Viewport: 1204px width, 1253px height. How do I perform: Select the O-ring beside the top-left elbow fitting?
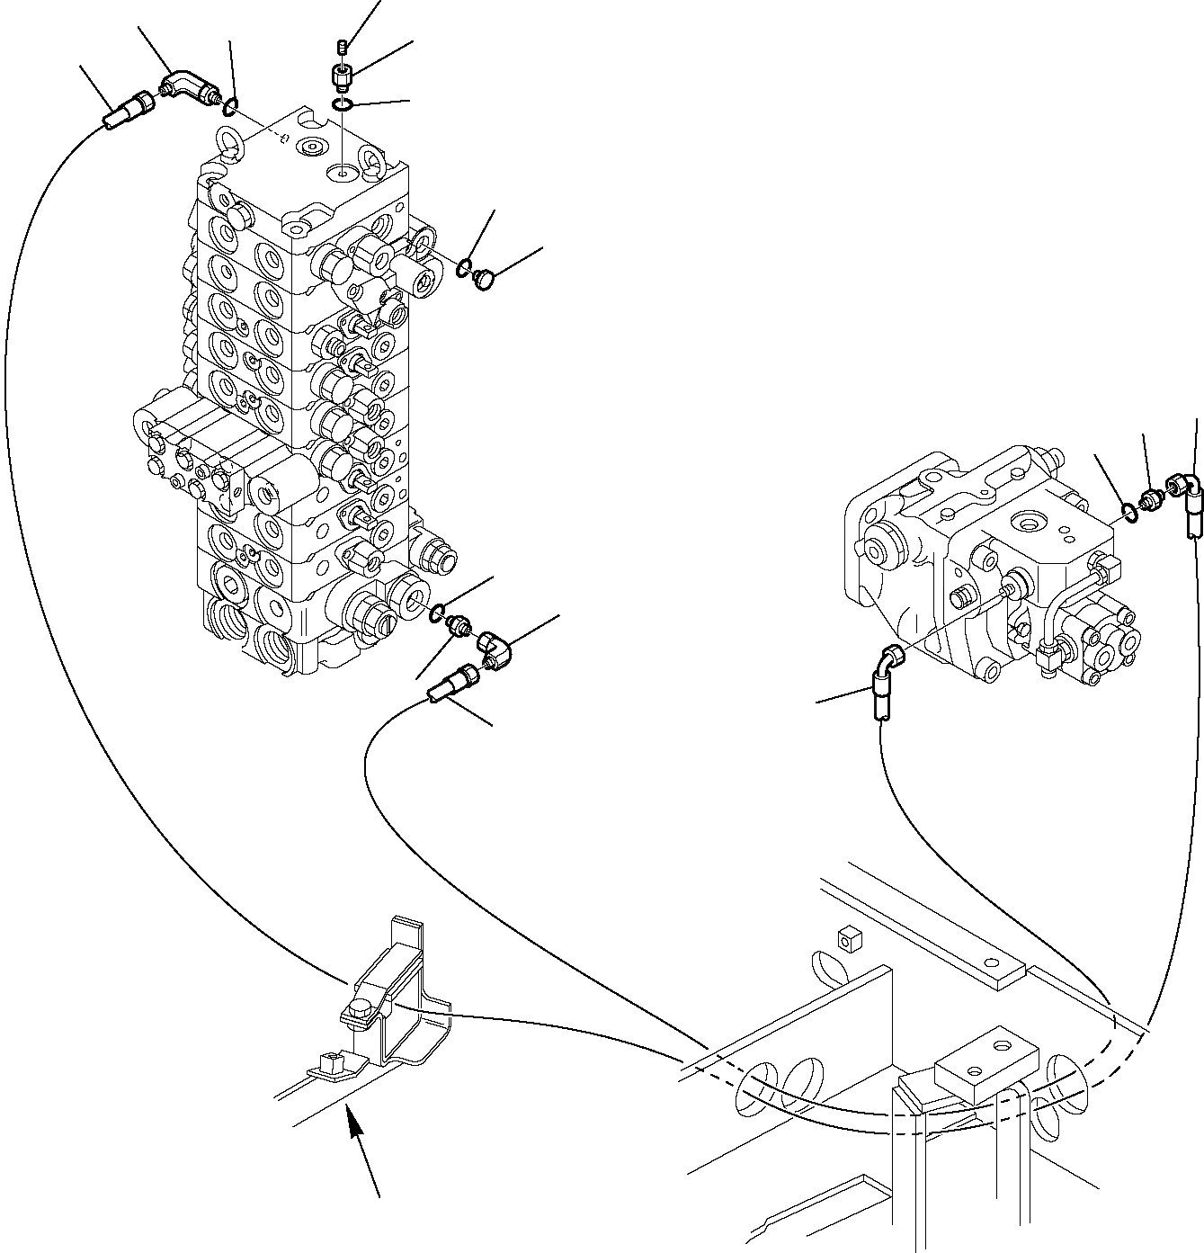230,108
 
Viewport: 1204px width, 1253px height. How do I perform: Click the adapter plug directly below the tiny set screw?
341,77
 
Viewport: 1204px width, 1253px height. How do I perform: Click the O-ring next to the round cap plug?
464,266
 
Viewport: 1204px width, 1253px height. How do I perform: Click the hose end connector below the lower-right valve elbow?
450,682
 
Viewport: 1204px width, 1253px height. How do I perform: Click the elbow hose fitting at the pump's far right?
1185,499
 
